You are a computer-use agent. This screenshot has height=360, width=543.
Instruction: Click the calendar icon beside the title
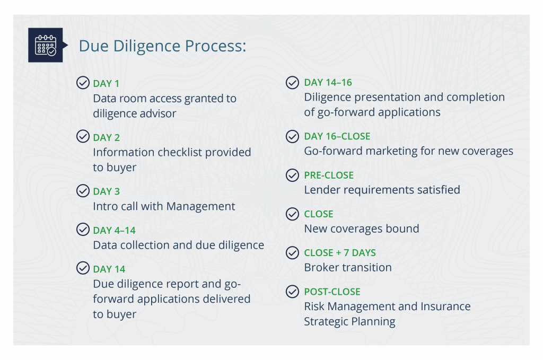coord(45,45)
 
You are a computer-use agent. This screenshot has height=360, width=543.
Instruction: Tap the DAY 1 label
coord(106,84)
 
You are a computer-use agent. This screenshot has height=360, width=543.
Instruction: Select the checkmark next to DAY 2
coord(83,137)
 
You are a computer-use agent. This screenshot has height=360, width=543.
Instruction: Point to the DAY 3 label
coord(107,191)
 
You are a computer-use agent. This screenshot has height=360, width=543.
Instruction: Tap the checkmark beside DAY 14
coord(83,268)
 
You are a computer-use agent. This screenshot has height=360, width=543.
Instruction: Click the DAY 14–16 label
coord(328,83)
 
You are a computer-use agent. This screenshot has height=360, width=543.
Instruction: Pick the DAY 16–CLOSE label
coord(337,136)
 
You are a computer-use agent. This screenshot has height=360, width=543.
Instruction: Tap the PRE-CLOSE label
coord(329,175)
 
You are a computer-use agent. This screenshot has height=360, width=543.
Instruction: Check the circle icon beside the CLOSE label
coord(292,214)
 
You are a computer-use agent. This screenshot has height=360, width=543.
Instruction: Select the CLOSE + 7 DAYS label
coord(339,253)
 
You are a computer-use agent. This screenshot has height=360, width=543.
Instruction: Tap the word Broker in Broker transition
coord(321,267)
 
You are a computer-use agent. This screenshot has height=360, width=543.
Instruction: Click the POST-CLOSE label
coord(332,292)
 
